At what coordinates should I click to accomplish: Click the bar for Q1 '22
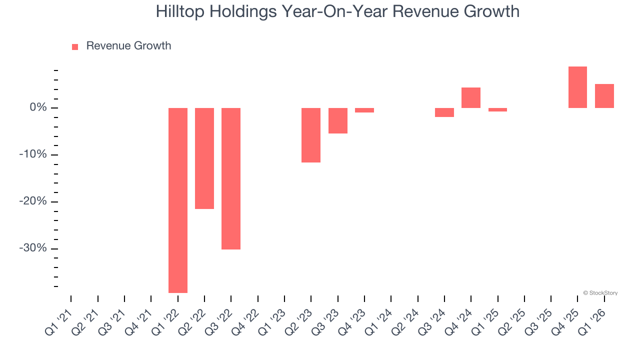[x=177, y=200]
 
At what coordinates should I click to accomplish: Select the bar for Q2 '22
[x=204, y=158]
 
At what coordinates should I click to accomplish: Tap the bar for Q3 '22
[x=231, y=178]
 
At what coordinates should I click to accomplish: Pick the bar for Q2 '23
[x=311, y=135]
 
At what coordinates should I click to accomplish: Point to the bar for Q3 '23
[x=338, y=120]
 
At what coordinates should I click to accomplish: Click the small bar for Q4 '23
[x=364, y=110]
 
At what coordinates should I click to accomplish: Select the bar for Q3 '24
[x=444, y=112]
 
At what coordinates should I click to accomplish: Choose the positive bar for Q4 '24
[x=471, y=98]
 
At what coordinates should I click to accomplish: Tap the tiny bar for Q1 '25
[x=497, y=109]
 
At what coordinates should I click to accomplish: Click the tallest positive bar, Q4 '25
[x=577, y=87]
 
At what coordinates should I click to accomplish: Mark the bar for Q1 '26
[x=604, y=96]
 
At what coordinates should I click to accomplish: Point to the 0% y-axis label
[x=38, y=107]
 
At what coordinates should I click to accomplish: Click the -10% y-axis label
[x=33, y=154]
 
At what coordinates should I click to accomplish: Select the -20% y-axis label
[x=33, y=201]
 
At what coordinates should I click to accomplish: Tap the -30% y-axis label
[x=33, y=248]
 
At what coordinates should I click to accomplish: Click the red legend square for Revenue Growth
[x=75, y=47]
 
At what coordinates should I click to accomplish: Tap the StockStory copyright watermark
[x=600, y=293]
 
